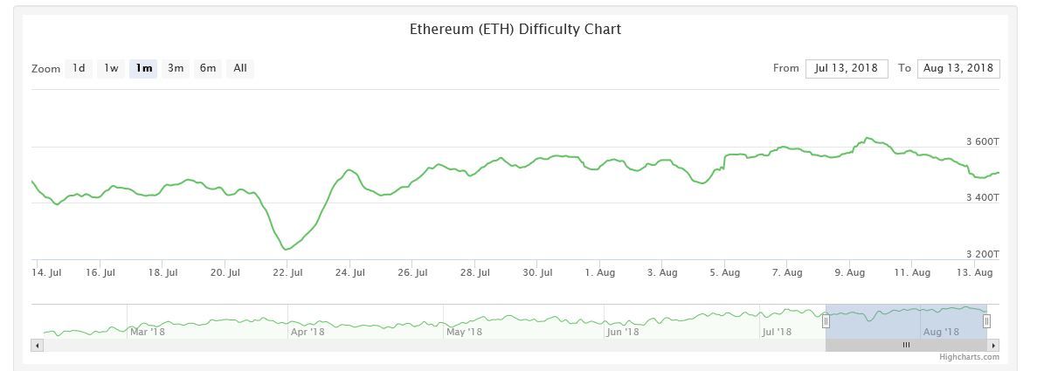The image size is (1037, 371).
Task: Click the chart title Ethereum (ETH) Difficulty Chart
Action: [515, 29]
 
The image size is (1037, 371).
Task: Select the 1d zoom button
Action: [79, 68]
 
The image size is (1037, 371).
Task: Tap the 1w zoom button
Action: [111, 68]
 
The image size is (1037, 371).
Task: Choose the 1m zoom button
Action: [143, 68]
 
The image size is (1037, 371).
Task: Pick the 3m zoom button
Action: [176, 68]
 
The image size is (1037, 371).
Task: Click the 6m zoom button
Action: [208, 68]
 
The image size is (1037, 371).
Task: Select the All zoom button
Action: [240, 68]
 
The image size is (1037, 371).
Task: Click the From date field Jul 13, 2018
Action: [847, 68]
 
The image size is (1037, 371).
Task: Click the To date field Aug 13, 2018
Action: [958, 68]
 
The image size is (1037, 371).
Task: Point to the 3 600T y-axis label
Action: [982, 142]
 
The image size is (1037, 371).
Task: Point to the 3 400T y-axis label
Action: [982, 198]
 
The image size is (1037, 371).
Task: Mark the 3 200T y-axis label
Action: [982, 254]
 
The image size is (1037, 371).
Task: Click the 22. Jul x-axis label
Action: [287, 273]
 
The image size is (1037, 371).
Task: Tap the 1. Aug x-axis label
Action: [599, 273]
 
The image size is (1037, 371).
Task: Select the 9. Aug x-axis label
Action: [849, 273]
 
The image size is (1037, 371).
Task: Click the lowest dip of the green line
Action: [287, 250]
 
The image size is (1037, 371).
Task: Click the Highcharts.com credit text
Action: [968, 357]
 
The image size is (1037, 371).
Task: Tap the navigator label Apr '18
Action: [307, 332]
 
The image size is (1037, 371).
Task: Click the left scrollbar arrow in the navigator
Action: [37, 346]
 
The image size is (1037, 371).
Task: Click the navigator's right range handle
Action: [986, 321]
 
